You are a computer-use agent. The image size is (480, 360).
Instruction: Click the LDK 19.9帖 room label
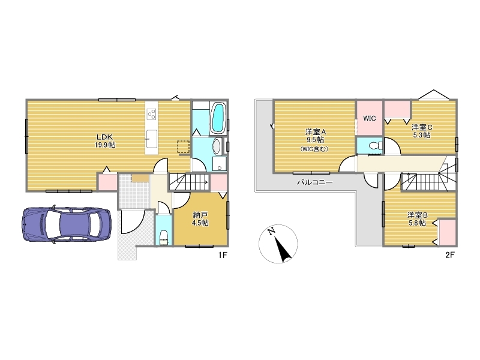tap(105, 141)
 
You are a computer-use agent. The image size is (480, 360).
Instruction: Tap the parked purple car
tap(67, 224)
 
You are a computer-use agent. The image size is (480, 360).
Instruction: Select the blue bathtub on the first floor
tap(218, 118)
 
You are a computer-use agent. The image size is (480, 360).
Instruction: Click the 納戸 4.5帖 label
tap(200, 219)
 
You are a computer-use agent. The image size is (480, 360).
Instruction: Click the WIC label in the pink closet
tap(370, 118)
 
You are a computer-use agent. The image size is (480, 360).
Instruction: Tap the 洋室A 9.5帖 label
tap(316, 140)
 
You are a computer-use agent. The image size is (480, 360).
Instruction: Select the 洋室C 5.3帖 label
tap(422, 131)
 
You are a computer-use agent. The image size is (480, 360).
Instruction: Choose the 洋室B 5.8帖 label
tap(418, 218)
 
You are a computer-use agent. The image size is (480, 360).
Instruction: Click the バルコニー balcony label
tap(314, 182)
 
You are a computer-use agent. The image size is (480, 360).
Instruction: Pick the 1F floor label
tap(223, 254)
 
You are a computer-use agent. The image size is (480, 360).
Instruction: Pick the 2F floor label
tap(450, 254)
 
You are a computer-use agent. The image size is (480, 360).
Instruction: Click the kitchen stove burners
tap(152, 114)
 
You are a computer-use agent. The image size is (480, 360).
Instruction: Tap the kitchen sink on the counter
tap(151, 139)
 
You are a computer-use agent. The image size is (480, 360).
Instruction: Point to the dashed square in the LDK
tap(184, 146)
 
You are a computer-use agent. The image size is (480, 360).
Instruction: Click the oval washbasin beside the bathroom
tap(217, 146)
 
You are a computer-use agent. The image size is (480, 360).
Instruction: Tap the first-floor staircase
tap(189, 182)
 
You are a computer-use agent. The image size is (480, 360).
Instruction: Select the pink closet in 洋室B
tap(447, 232)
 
